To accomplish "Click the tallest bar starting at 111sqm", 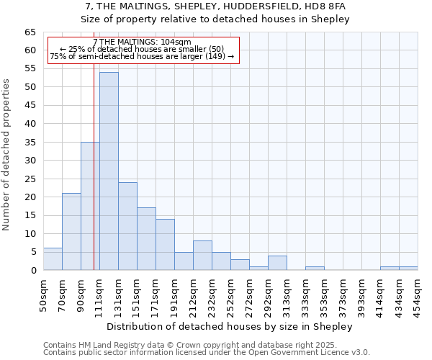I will (109, 171).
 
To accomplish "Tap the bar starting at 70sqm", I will (71, 232).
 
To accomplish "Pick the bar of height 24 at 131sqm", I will (127, 226).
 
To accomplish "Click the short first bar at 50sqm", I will (53, 259).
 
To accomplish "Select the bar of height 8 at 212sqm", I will (202, 256).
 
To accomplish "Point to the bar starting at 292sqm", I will (277, 263).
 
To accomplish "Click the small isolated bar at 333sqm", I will (315, 269).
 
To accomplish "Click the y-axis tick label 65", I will (30, 32).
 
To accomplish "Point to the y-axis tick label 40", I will (30, 124).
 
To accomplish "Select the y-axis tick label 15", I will (30, 215).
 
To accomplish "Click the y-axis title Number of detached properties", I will (7, 155).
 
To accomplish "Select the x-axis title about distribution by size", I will (230, 326).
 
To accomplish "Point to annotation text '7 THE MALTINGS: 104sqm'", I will (142, 42).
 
